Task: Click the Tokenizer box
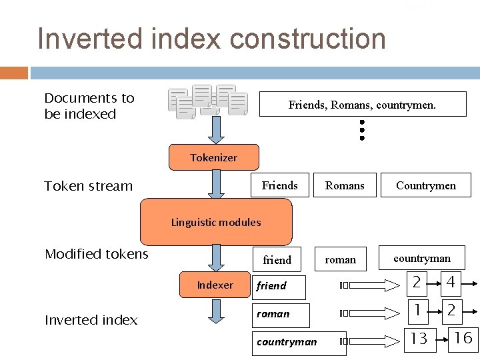tap(213, 157)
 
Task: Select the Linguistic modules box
tap(216, 222)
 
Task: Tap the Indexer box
tap(215, 285)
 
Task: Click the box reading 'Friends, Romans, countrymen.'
tap(362, 105)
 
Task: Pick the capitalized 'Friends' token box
tap(280, 185)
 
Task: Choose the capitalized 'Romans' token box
tap(345, 185)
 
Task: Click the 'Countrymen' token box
tap(426, 185)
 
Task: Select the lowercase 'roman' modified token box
tap(341, 259)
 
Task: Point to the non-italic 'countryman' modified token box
tap(421, 258)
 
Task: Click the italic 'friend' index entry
tap(271, 285)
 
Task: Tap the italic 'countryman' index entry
tap(287, 342)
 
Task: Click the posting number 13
tap(419, 339)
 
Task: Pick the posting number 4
tap(451, 283)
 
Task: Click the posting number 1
tap(417, 310)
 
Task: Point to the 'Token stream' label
tap(88, 186)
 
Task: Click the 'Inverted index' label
tap(91, 320)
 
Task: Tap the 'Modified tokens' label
tap(96, 254)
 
